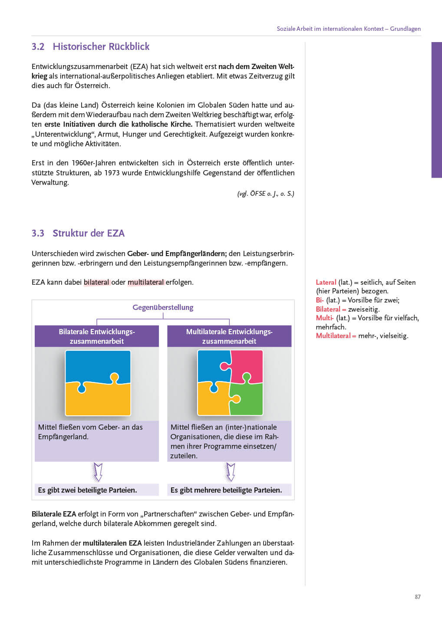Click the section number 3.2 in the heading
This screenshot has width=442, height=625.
click(38, 47)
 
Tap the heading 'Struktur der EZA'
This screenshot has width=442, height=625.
click(89, 234)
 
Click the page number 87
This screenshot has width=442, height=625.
click(418, 597)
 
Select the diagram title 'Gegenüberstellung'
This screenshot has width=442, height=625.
click(163, 307)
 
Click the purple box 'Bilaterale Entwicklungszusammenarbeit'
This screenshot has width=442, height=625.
click(97, 336)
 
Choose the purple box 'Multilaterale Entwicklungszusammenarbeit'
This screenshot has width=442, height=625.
click(229, 336)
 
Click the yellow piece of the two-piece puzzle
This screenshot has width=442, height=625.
click(98, 399)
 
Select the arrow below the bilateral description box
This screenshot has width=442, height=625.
click(98, 472)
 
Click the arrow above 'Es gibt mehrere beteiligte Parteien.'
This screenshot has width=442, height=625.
click(230, 472)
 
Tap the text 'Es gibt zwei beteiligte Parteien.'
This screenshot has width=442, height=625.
click(87, 490)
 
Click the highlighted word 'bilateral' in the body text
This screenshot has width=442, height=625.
click(96, 282)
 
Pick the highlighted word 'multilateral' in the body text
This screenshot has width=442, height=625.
click(146, 282)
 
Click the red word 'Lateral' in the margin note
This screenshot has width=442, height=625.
click(326, 283)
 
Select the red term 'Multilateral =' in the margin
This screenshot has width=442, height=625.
click(336, 336)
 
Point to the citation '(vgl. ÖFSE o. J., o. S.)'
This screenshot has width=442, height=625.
click(266, 194)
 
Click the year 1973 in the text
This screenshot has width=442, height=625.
click(112, 173)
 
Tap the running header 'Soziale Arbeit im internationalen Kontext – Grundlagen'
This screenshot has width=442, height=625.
click(349, 29)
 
